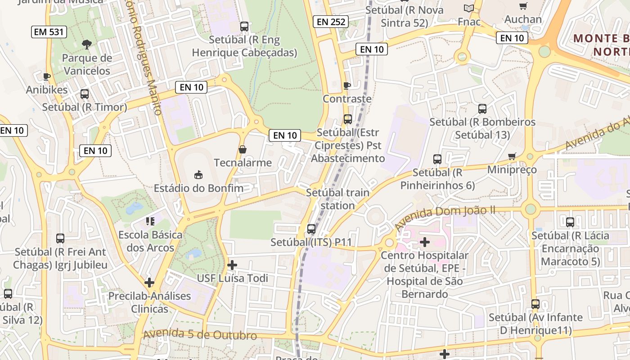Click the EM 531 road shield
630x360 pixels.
pyautogui.click(x=49, y=32)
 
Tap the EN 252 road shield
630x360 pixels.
pyautogui.click(x=331, y=21)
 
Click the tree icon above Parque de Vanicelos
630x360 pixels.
pyautogui.click(x=87, y=44)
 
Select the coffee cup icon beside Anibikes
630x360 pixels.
pyautogui.click(x=47, y=76)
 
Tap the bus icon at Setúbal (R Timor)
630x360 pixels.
pyautogui.click(x=84, y=94)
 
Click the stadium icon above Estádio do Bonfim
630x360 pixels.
pyautogui.click(x=198, y=174)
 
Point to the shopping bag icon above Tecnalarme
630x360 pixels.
pyautogui.click(x=243, y=149)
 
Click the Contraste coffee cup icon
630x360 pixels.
pyautogui.click(x=347, y=85)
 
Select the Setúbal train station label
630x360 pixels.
pyautogui.click(x=337, y=199)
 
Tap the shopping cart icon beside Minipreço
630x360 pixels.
pyautogui.click(x=512, y=157)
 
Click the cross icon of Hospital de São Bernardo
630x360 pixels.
pyautogui.click(x=424, y=243)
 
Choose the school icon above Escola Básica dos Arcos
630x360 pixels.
pyautogui.click(x=150, y=221)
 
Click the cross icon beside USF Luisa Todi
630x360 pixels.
pyautogui.click(x=232, y=265)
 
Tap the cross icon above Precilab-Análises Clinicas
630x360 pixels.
pyautogui.click(x=149, y=283)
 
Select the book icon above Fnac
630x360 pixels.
pyautogui.click(x=469, y=8)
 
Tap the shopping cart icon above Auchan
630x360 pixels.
pyautogui.click(x=523, y=6)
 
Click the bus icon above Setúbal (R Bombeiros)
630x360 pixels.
pyautogui.click(x=482, y=109)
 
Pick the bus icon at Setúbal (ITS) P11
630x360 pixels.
pyautogui.click(x=311, y=229)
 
